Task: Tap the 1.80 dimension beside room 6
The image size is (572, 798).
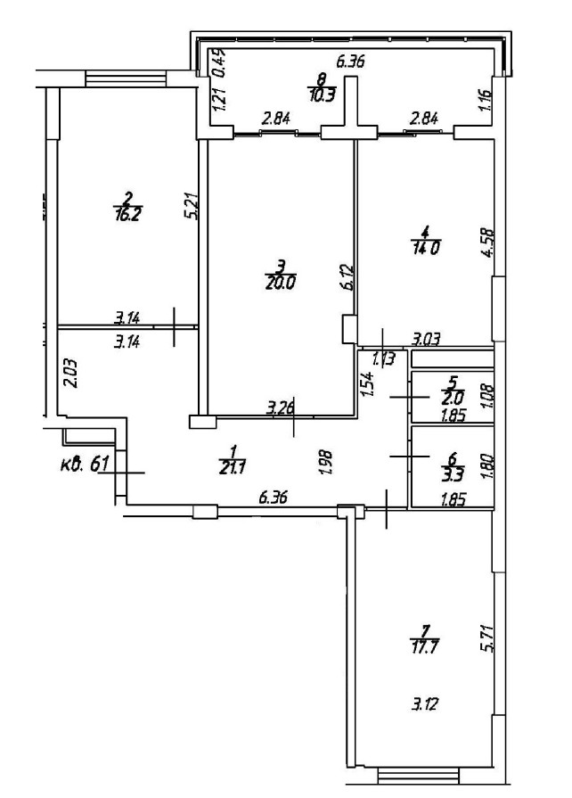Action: point(486,467)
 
